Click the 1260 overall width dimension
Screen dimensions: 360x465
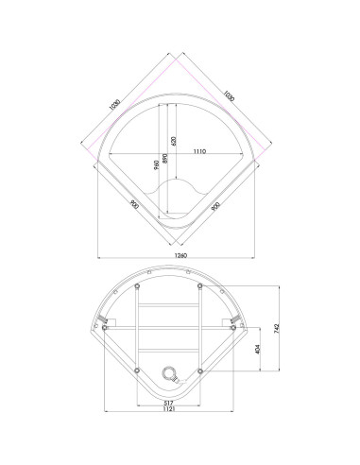(x=180, y=255)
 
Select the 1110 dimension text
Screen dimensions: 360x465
(x=199, y=151)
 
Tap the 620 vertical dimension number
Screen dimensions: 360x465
(x=174, y=141)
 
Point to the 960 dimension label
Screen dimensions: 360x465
(x=157, y=164)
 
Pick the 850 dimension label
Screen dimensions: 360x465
(x=164, y=158)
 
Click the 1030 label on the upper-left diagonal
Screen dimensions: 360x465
(x=115, y=105)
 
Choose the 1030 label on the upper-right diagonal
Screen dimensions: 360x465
(x=229, y=95)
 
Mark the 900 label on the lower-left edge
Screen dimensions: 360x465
(x=134, y=204)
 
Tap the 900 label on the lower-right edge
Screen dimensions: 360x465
(x=215, y=206)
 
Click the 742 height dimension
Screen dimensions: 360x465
(x=277, y=329)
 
